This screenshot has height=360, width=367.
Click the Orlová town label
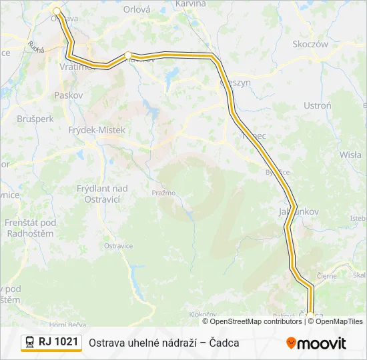pos(137,10)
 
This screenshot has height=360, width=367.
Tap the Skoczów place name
pos(310,44)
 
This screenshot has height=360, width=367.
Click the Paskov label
pos(68,95)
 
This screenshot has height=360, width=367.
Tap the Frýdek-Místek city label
pos(97,130)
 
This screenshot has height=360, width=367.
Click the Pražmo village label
pos(163,193)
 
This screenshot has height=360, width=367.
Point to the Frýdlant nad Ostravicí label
pos(102,194)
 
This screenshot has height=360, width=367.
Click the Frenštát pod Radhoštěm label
pos(31,228)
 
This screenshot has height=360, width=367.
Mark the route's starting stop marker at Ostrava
pos(57,11)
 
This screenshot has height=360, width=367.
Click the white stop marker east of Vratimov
pos(128,55)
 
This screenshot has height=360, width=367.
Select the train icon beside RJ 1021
pos(29,342)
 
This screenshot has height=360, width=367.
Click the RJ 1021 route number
pos(58,342)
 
